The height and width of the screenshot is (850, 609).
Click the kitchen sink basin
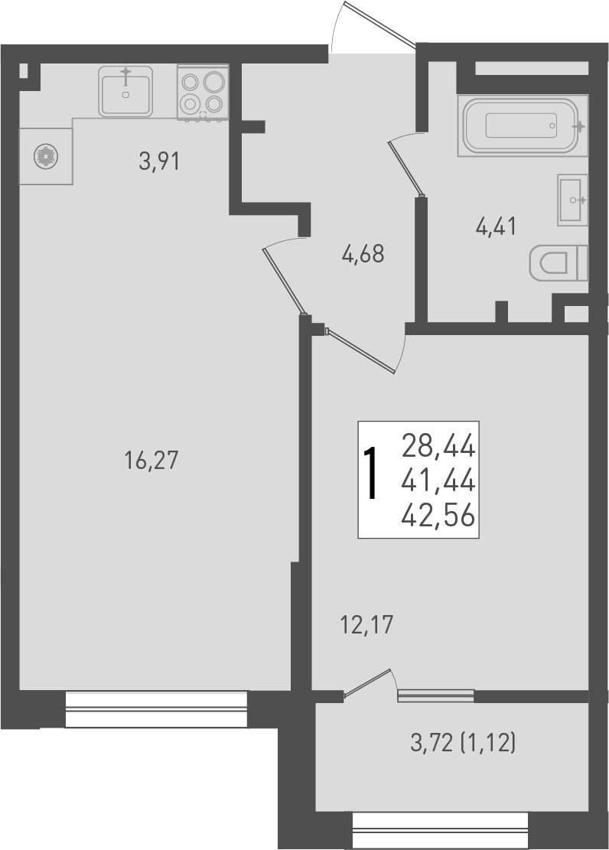tap(125, 91)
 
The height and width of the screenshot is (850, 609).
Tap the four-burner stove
tap(203, 91)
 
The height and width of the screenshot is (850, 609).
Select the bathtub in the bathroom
tap(523, 125)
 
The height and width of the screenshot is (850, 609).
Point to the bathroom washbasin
tap(573, 200)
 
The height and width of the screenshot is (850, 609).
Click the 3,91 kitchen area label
tap(158, 162)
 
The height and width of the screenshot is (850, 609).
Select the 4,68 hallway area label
tap(363, 253)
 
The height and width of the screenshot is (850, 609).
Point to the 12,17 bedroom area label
tap(366, 626)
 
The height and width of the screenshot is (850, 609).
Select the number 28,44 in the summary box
tap(438, 444)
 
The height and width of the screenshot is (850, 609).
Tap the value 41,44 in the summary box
tap(438, 481)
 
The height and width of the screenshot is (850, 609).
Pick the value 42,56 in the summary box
tap(438, 517)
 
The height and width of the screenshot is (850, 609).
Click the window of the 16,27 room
tap(156, 709)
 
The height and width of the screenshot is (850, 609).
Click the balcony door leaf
tap(369, 684)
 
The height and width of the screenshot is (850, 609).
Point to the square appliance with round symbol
tap(46, 156)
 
